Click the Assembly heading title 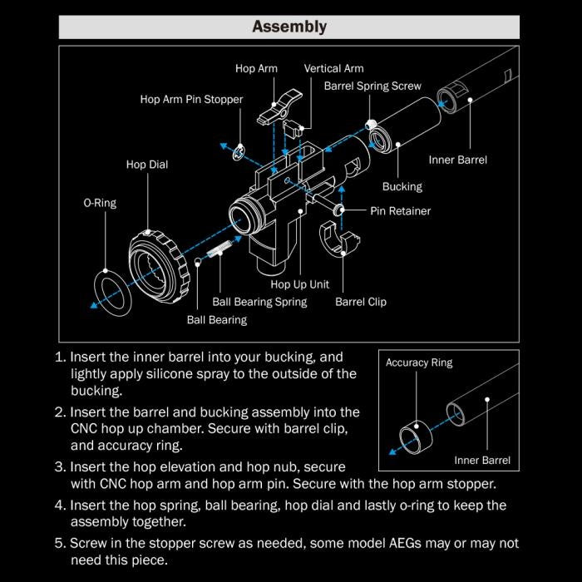click(289, 27)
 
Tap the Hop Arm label click(256, 68)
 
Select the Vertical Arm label click(333, 68)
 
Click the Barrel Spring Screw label click(372, 86)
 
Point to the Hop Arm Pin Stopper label click(191, 100)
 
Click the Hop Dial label click(147, 165)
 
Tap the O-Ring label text click(100, 203)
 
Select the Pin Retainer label click(401, 211)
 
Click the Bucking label click(402, 186)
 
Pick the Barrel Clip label click(361, 302)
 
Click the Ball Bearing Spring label click(259, 302)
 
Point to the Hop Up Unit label click(300, 284)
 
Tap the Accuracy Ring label click(419, 363)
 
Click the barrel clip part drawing click(340, 245)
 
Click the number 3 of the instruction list click(59, 467)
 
